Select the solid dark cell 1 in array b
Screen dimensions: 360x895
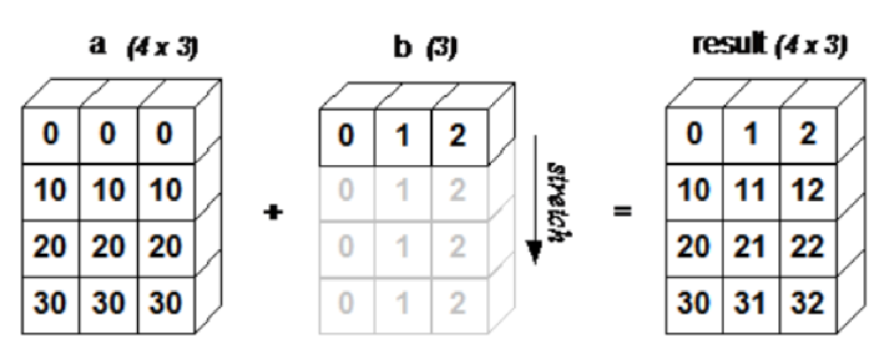pyautogui.click(x=404, y=136)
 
